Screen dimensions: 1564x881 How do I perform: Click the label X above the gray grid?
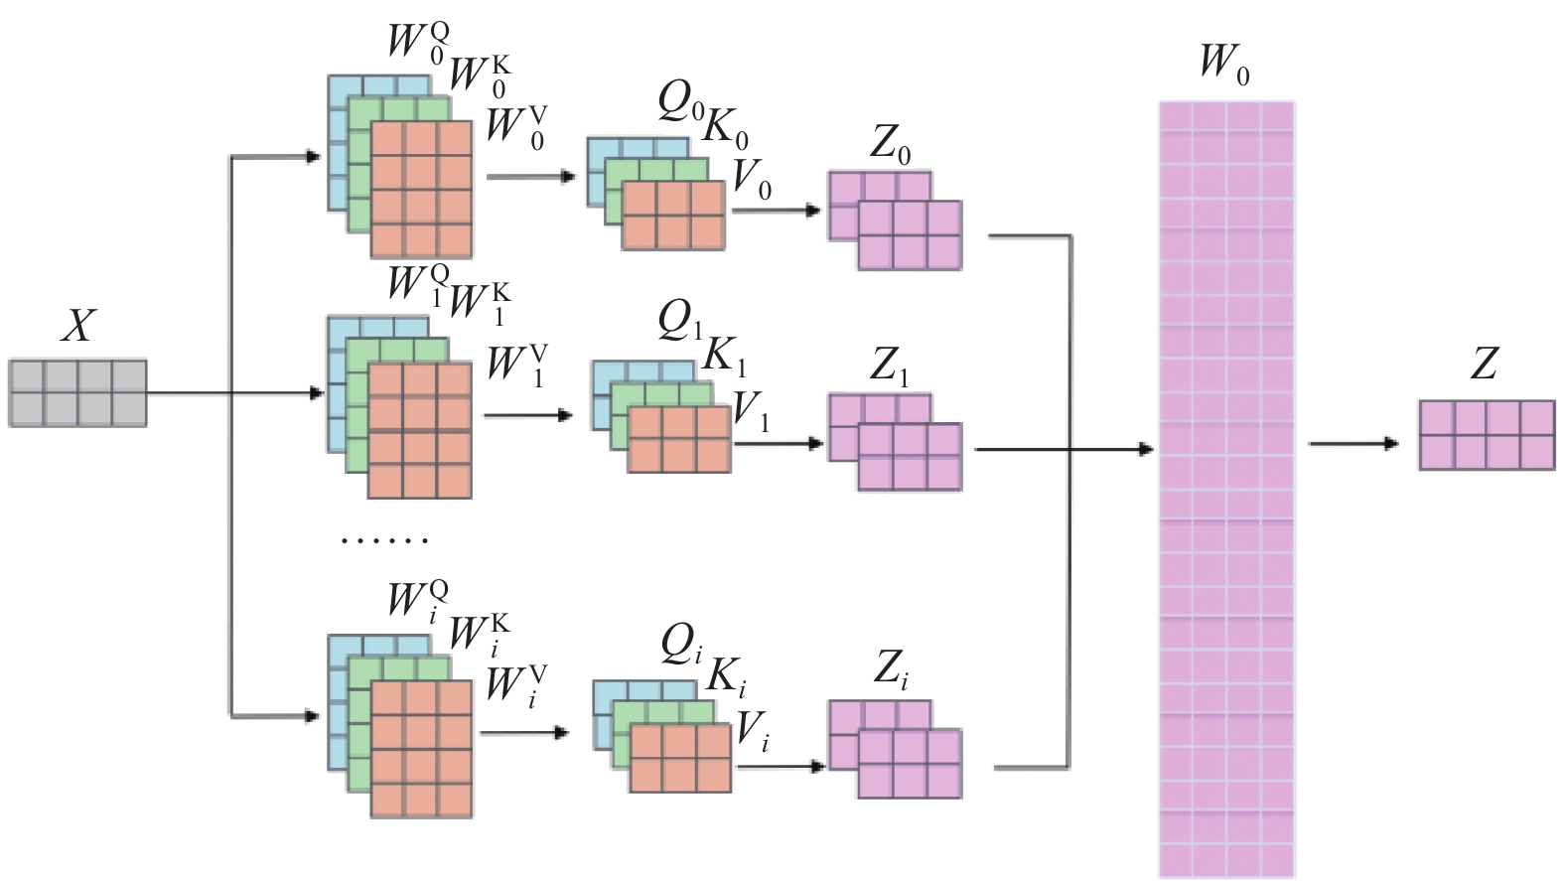77,326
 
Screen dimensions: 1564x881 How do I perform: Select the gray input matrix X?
77,392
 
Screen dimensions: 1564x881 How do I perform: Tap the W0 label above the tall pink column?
1224,63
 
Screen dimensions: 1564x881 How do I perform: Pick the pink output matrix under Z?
1488,435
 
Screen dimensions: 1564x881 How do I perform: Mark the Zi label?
890,671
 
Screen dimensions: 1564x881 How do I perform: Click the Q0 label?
680,105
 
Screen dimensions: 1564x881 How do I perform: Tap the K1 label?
725,358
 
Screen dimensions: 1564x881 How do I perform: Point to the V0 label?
752,180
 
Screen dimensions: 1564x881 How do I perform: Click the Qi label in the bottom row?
681,646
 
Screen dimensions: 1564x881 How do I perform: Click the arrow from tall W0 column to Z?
1353,443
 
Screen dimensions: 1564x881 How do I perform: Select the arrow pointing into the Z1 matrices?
779,443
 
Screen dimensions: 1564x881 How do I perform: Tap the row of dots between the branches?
384,539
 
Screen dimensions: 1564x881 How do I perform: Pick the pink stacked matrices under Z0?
895,220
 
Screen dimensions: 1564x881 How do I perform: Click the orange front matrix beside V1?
679,440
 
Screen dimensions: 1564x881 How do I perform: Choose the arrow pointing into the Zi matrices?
782,767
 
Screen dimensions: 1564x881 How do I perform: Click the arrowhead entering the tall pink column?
1146,449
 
